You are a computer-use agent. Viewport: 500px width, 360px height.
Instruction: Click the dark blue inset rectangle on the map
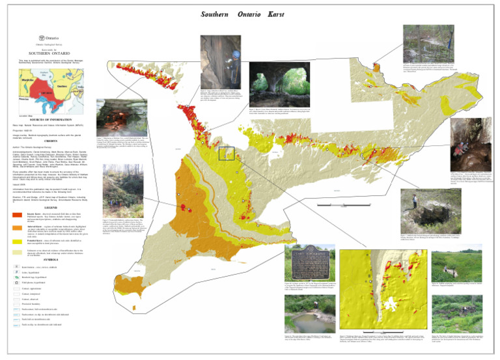(227, 154)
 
